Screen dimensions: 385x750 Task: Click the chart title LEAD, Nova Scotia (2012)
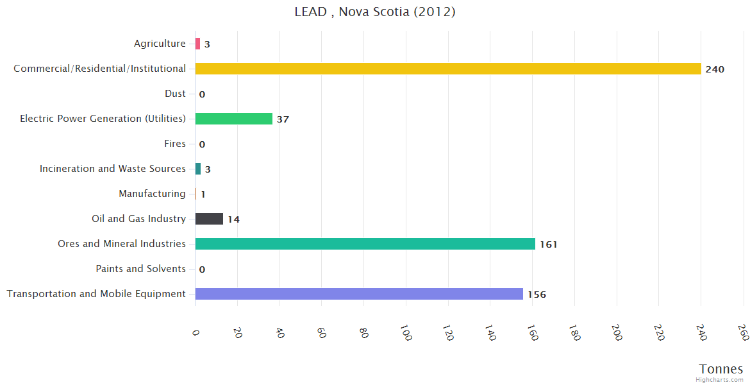pos(375,12)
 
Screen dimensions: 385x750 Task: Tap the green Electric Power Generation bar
pos(233,119)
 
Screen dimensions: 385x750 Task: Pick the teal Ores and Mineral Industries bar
pos(365,244)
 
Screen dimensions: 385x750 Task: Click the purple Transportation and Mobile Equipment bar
pos(359,294)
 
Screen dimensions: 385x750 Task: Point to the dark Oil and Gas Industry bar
pos(209,219)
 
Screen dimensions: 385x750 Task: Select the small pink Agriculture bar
pos(197,44)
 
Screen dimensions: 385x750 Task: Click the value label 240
pos(715,69)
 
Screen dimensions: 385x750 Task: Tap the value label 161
pos(548,244)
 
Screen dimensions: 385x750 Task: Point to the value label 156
pos(537,295)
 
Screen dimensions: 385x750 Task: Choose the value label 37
pos(283,119)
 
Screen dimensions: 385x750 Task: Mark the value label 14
pos(233,219)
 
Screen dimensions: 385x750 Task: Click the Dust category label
pos(175,94)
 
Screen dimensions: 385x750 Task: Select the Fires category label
pos(174,144)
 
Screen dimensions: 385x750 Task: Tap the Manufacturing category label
pos(152,194)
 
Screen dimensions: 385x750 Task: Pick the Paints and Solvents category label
pos(140,269)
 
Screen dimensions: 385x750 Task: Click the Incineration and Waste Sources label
pos(112,169)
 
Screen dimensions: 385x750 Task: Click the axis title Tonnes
pos(721,369)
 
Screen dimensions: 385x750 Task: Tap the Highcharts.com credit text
pos(719,380)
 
